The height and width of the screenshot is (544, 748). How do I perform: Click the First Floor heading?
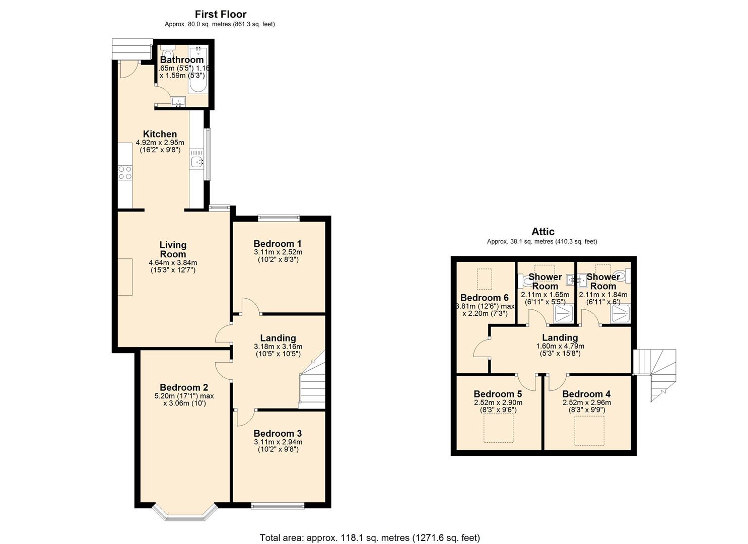pyautogui.click(x=220, y=14)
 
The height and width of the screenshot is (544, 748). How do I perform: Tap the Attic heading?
pyautogui.click(x=542, y=232)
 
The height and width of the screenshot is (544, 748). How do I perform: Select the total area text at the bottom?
pyautogui.click(x=370, y=537)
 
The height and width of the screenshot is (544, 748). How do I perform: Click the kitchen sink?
pyautogui.click(x=197, y=162)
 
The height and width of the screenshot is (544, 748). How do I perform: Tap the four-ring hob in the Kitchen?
pyautogui.click(x=125, y=173)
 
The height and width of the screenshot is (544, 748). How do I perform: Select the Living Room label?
pyautogui.click(x=173, y=249)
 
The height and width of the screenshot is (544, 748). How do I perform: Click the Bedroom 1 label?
pyautogui.click(x=278, y=243)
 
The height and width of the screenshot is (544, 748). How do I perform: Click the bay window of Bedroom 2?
pyautogui.click(x=184, y=511)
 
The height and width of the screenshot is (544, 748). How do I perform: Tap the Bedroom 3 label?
pyautogui.click(x=278, y=433)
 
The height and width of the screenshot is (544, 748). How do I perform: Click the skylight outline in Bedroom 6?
pyautogui.click(x=484, y=279)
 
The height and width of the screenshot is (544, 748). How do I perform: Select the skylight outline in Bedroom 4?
pyautogui.click(x=589, y=430)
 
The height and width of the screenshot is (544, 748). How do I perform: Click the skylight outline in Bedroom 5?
pyautogui.click(x=498, y=428)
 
